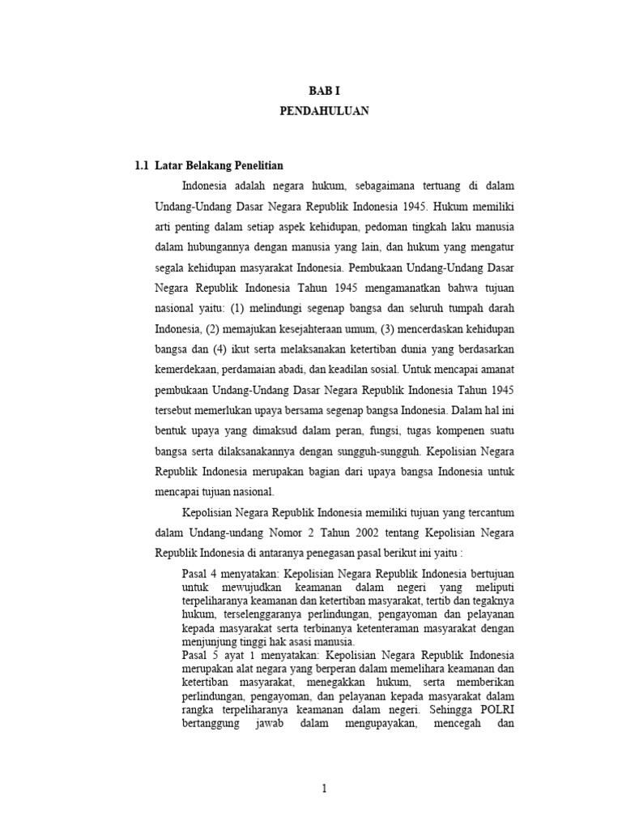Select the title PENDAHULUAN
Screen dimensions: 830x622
pos(324,112)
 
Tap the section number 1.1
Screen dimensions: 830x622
pos(142,165)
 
